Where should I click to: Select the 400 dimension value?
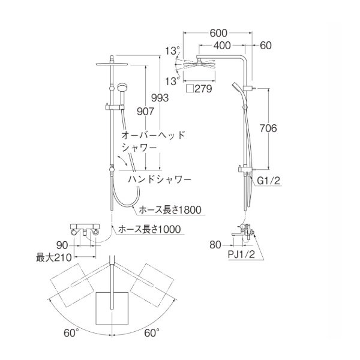point(221,46)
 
